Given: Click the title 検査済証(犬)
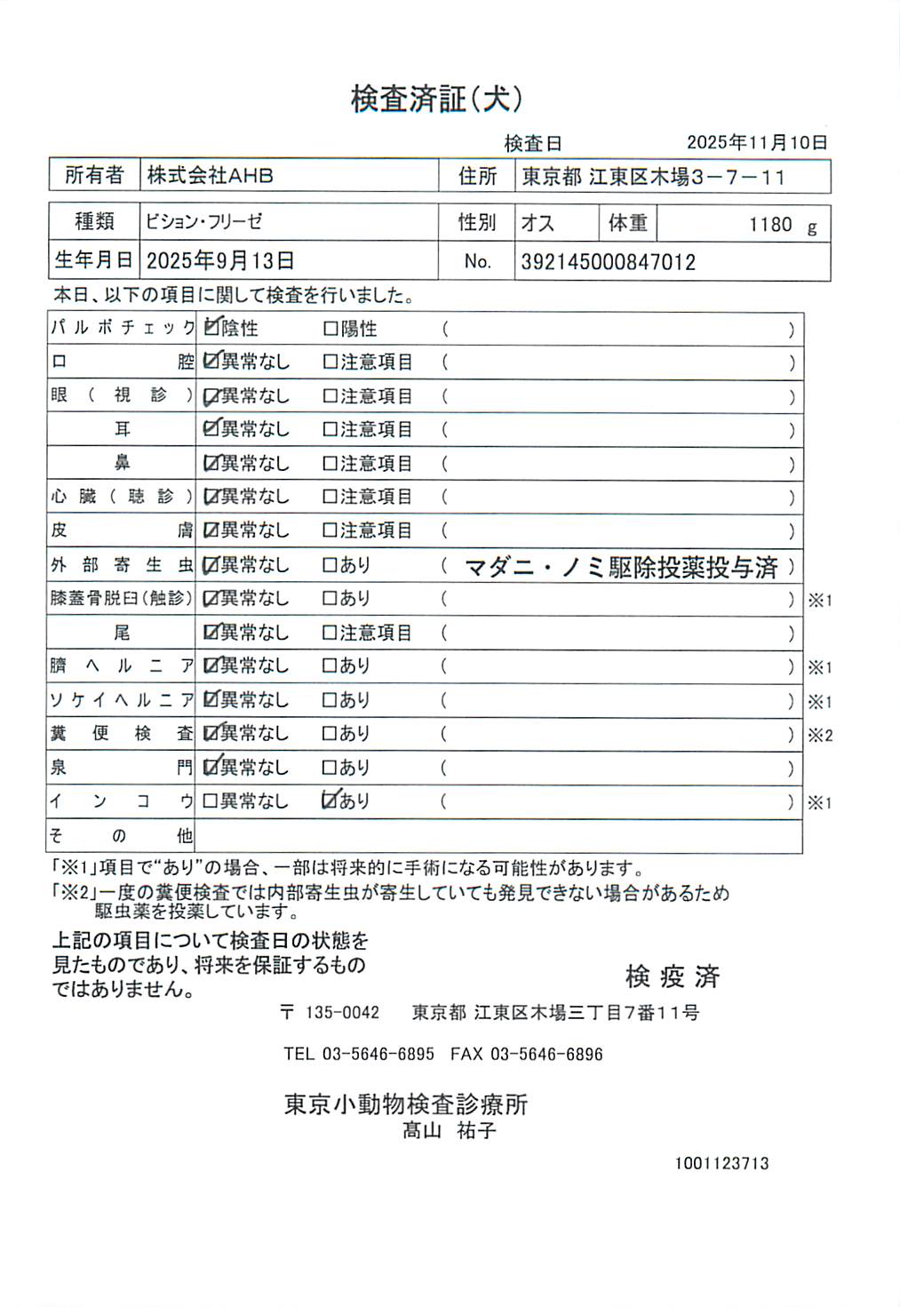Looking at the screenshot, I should pos(435,99).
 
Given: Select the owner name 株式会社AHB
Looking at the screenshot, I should pos(210,176).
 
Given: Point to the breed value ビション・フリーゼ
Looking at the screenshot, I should pos(203,221).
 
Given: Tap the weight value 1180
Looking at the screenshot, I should pos(769,225).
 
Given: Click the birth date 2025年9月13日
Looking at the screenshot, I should pos(219,261).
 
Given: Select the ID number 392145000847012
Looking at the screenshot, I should pos(608,262).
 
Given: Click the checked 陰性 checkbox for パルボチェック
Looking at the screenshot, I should pos(211,328).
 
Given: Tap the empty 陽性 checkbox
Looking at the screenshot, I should pos(330,329).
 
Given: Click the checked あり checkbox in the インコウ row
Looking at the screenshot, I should pos(330,801).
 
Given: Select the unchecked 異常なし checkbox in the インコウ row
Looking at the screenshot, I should pos(210,801).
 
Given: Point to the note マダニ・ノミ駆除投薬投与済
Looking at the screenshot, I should pos(621,567).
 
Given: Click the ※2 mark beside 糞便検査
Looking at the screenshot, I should pos(819,736).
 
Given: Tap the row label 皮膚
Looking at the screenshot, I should pos(121,530).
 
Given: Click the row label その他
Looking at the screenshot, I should pos(121,835).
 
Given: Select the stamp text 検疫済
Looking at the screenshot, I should pos(672,976).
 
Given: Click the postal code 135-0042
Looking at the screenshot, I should pos(342,1013).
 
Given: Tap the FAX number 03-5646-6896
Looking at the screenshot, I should pos(546,1055).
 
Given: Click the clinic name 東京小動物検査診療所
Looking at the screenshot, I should pos(406,1104).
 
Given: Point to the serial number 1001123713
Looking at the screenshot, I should pos(721,1163).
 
